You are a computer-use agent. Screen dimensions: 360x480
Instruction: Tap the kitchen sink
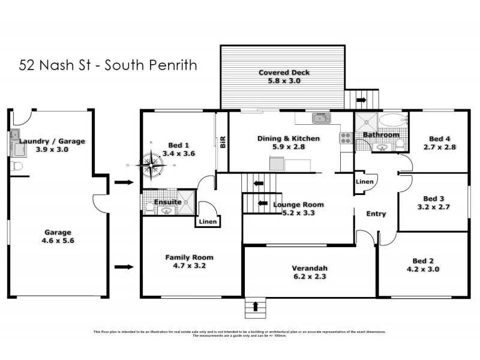322,118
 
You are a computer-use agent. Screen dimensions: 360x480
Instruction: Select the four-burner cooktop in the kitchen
346,138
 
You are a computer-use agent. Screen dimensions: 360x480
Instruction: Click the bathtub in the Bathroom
392,119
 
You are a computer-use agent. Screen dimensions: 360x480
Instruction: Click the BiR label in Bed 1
222,142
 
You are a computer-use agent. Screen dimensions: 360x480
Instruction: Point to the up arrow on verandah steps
256,307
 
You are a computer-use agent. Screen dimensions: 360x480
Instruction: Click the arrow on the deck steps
361,99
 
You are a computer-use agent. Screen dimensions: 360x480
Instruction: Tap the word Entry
376,214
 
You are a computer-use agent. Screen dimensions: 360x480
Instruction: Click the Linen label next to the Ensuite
208,221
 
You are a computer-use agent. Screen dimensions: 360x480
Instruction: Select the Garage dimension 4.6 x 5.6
58,241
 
